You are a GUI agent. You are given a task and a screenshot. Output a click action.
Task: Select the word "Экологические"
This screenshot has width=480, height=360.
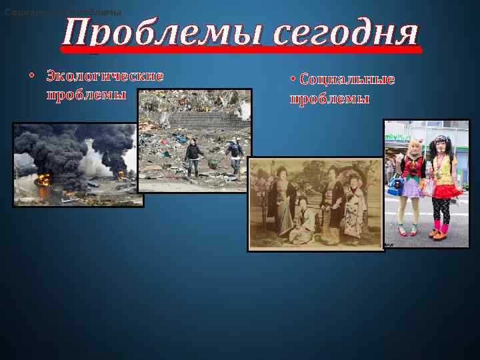(105, 76)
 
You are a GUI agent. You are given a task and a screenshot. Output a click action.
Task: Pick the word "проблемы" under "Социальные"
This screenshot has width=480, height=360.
(329, 99)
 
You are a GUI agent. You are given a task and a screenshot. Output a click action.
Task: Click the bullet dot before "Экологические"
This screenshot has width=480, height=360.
(32, 76)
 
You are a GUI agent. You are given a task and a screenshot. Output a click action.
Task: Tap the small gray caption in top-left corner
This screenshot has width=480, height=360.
(63, 13)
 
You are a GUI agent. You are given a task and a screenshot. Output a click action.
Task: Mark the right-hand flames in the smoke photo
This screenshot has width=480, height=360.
(122, 175)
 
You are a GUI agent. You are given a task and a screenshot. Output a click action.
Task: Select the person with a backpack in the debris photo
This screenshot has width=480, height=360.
(235, 153)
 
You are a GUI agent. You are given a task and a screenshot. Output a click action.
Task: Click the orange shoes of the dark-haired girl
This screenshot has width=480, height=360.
(438, 233)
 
